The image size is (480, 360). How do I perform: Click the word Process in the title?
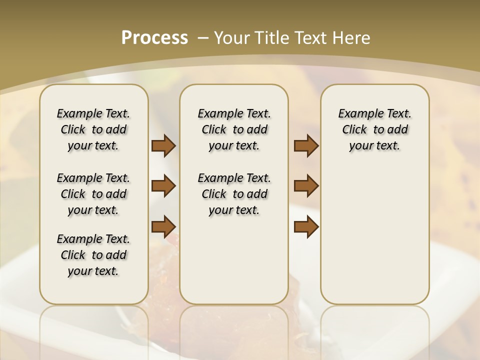(154, 37)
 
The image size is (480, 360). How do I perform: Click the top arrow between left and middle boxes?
(163, 146)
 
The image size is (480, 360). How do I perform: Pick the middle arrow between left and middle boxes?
(163, 186)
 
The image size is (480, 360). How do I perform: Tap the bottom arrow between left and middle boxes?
(163, 226)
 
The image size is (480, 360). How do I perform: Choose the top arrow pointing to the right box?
(306, 146)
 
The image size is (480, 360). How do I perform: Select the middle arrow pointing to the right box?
(306, 186)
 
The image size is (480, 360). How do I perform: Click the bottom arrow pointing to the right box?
(306, 226)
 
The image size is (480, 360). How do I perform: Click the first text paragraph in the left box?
(93, 129)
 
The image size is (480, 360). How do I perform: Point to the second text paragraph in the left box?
(93, 194)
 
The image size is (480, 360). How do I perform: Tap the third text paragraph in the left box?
(93, 255)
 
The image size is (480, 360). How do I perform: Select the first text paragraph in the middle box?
(234, 129)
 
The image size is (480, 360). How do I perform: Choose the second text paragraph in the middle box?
(234, 194)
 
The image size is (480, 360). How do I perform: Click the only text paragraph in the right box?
(374, 129)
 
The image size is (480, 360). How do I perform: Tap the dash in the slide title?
(203, 38)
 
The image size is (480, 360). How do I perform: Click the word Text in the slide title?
(310, 38)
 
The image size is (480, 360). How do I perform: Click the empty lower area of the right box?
(374, 230)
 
